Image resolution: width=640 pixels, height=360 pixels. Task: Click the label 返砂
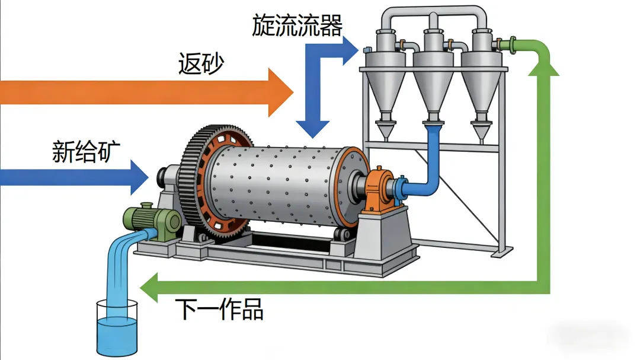point(201,63)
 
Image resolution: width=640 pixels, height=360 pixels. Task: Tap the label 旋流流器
point(297,25)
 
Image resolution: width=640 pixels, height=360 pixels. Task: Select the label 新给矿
point(86,152)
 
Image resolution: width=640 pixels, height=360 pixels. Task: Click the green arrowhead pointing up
point(543,66)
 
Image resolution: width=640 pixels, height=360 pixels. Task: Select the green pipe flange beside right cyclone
point(505,44)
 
